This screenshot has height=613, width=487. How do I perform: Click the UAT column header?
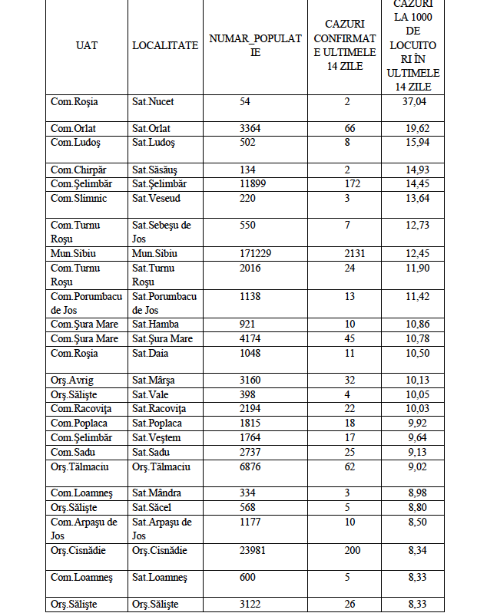(87, 46)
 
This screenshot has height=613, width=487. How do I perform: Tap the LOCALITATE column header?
(164, 46)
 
